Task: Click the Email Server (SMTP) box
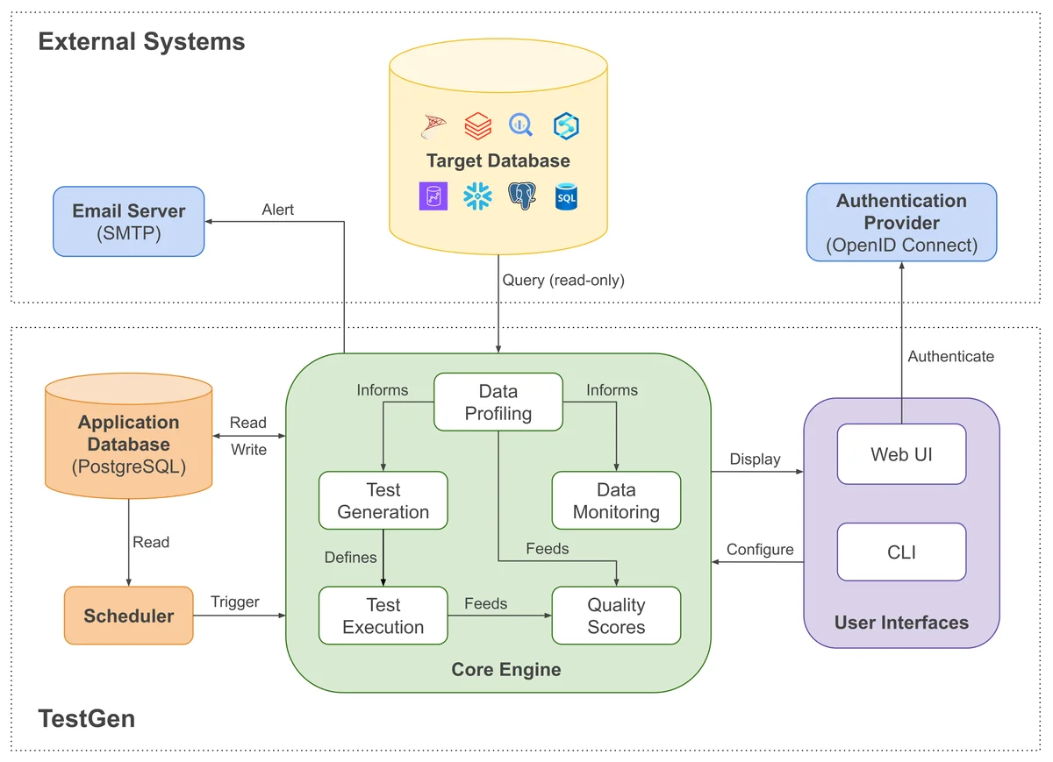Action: (x=128, y=222)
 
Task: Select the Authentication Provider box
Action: (x=901, y=223)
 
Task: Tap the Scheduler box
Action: (x=128, y=616)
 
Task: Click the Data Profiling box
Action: (x=498, y=402)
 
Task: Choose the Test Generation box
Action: (x=383, y=501)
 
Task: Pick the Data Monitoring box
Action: (x=616, y=501)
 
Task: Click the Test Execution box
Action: (x=383, y=616)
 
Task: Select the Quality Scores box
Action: (x=616, y=616)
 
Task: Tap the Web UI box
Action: (x=901, y=454)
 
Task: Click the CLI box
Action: (x=901, y=552)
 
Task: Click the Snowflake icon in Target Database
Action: (x=477, y=196)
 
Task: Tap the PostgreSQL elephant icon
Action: (x=522, y=196)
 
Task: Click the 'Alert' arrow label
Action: (x=278, y=210)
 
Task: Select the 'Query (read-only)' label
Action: (x=562, y=280)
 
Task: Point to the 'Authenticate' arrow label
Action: (x=950, y=356)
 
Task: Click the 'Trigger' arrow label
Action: (x=235, y=602)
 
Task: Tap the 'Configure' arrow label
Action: (x=760, y=549)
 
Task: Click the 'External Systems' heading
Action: (x=141, y=41)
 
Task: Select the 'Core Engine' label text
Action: (x=505, y=670)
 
